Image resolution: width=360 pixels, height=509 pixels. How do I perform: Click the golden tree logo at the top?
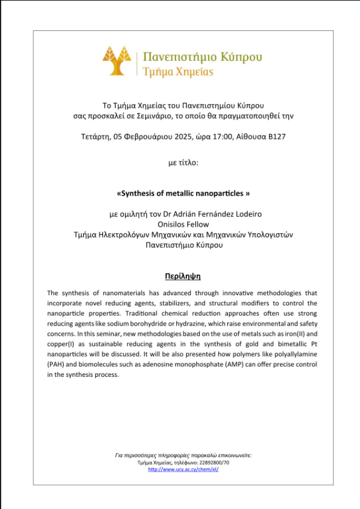(x=117, y=61)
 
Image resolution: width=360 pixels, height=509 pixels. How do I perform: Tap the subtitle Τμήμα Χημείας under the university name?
(x=178, y=72)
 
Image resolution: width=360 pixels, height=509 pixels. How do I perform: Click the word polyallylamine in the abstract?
(x=292, y=354)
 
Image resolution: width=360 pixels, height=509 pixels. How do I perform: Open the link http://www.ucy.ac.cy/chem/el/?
(x=183, y=469)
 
